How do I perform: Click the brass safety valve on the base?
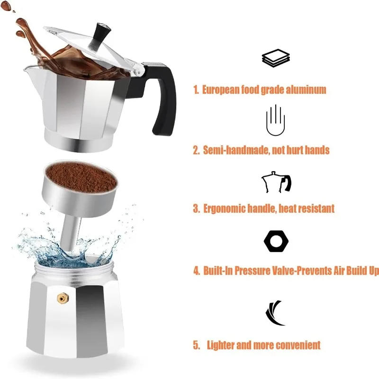coord(62,298)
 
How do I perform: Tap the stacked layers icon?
coord(275,59)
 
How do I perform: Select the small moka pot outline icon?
coord(276,182)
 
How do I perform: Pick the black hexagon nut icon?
coord(276,242)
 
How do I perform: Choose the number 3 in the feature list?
coord(196,208)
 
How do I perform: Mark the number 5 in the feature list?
coord(196,345)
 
